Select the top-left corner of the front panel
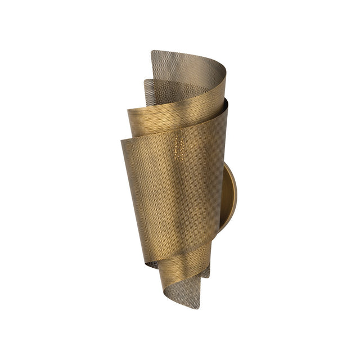coord(120,140)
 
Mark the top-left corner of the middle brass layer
coord(128,108)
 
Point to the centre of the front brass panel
coord(169,197)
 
